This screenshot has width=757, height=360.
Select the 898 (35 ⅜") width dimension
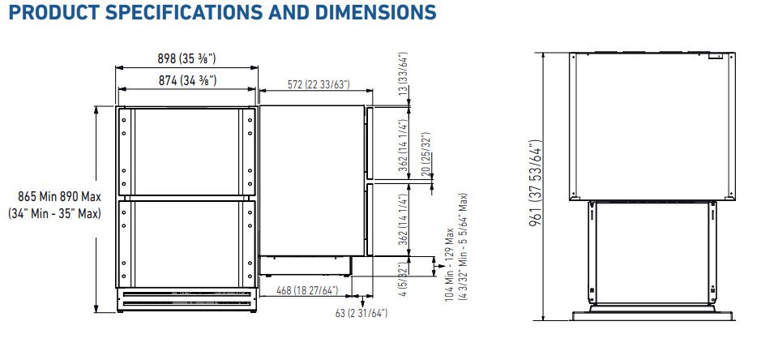pyautogui.click(x=187, y=59)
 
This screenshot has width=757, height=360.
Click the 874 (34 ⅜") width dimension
pyautogui.click(x=187, y=81)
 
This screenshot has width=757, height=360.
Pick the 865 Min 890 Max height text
pyautogui.click(x=59, y=197)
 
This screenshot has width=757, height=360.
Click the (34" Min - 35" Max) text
pyautogui.click(x=54, y=213)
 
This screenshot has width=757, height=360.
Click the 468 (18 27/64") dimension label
pyautogui.click(x=306, y=290)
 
